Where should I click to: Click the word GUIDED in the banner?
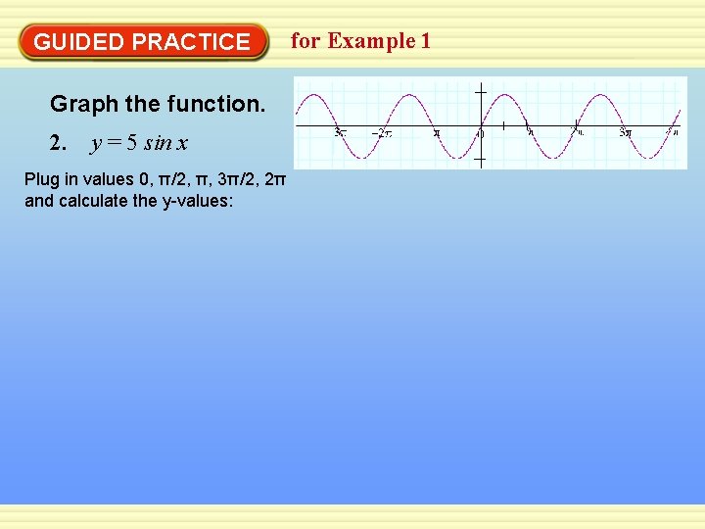(78, 42)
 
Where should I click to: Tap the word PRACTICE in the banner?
(191, 42)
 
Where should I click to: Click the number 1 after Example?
(425, 41)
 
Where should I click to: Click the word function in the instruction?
(222, 104)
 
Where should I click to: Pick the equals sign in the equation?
(115, 144)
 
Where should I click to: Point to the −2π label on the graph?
(381, 132)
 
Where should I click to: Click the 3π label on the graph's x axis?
(625, 132)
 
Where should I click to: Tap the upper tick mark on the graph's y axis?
(481, 92)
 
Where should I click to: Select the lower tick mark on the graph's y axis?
(481, 159)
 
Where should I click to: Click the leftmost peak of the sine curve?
(313, 95)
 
